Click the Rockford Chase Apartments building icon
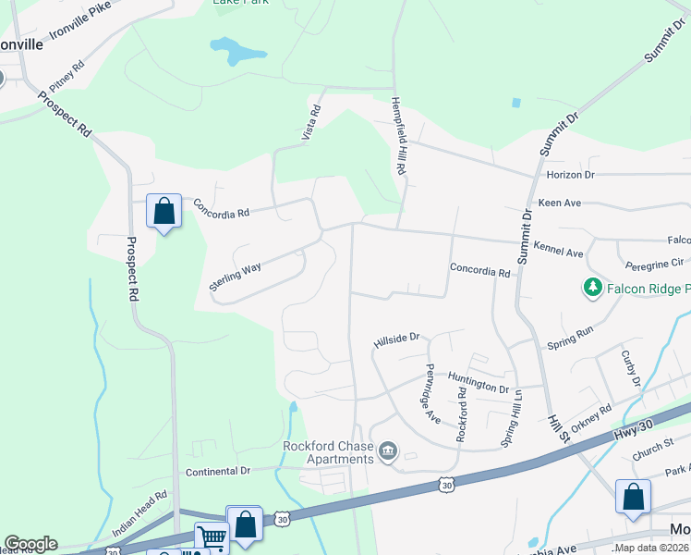(388, 451)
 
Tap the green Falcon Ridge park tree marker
(591, 289)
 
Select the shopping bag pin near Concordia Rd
(164, 212)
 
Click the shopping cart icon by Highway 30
(212, 537)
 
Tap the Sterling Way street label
(235, 277)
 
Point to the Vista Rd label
(311, 122)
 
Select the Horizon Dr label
(570, 174)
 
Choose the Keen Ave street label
(559, 203)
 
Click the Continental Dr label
(218, 471)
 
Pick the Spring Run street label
(572, 331)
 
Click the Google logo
(30, 544)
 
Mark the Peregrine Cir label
(654, 263)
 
